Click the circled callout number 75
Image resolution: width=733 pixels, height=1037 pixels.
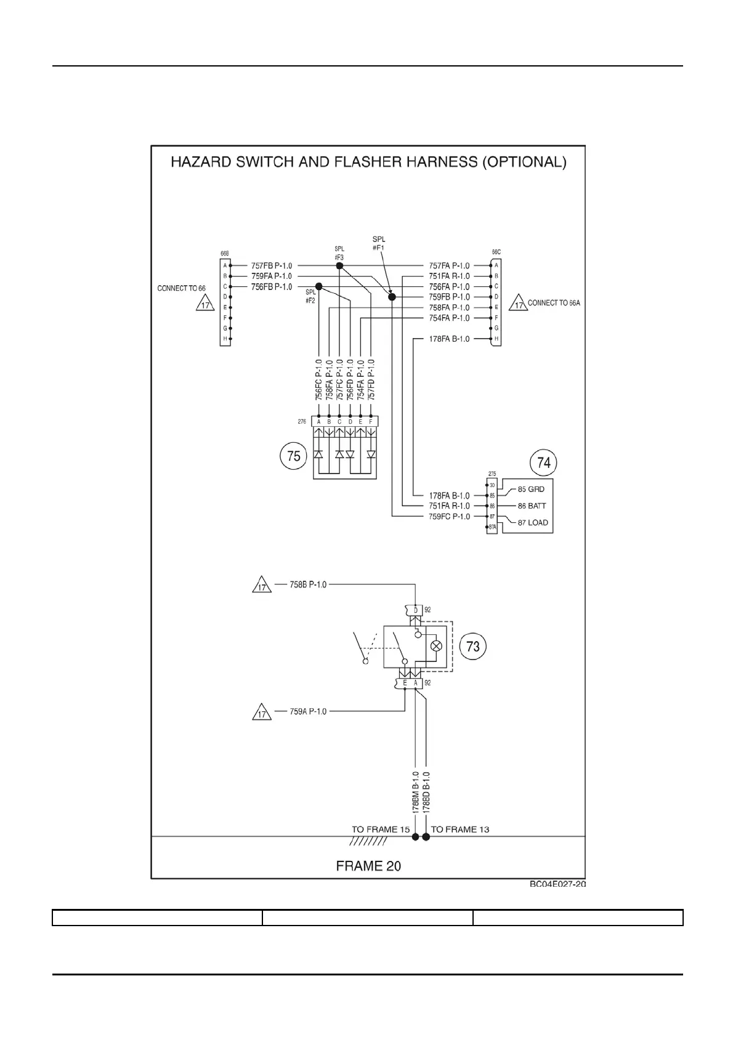(294, 456)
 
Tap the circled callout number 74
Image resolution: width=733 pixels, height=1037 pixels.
(544, 462)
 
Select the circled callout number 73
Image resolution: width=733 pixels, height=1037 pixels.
(473, 646)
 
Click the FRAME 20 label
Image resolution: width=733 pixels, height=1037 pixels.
(368, 866)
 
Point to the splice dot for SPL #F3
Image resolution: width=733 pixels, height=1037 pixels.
(339, 265)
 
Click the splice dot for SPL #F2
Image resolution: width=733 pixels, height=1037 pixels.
(318, 286)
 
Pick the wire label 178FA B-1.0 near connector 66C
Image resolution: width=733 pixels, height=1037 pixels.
(449, 339)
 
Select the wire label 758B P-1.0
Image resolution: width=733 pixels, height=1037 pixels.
(308, 584)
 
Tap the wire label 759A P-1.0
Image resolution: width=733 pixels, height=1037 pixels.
(308, 711)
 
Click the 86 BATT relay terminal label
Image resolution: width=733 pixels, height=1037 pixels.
(532, 506)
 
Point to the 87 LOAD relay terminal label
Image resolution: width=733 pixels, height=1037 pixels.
(533, 522)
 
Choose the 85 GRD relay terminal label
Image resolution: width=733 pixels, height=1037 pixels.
(531, 490)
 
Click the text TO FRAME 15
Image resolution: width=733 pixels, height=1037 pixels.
(381, 829)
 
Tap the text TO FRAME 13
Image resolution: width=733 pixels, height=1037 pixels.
(460, 829)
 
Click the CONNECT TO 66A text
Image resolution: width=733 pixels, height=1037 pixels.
(554, 303)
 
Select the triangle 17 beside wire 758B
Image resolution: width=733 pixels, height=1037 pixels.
(262, 586)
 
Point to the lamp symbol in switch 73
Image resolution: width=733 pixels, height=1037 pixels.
(436, 646)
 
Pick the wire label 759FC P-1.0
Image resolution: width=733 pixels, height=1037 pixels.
(449, 516)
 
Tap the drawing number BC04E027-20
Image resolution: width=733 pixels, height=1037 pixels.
(557, 884)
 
